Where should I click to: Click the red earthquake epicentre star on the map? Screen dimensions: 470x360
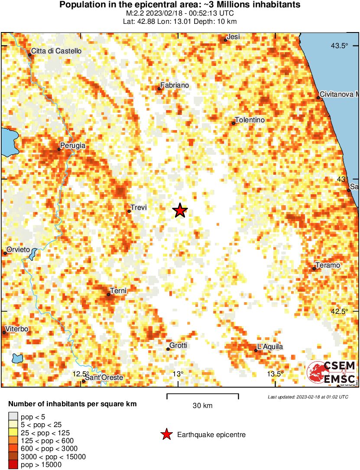click(x=180, y=211)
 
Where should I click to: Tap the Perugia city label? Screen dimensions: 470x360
click(x=73, y=146)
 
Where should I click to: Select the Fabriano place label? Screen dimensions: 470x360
click(x=175, y=85)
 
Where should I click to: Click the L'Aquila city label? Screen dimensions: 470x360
click(x=270, y=346)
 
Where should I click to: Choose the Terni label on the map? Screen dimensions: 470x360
click(x=118, y=290)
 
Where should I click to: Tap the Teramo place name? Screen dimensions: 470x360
click(x=328, y=265)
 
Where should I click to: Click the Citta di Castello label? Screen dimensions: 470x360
click(x=56, y=51)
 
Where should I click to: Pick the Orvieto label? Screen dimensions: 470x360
click(x=18, y=249)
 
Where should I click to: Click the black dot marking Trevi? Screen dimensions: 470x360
click(x=129, y=212)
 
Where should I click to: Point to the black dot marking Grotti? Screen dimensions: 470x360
click(x=168, y=349)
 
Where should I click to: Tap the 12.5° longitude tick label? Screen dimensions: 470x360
click(x=81, y=374)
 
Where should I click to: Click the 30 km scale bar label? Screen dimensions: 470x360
click(x=202, y=405)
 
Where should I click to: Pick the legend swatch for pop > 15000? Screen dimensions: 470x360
click(x=13, y=465)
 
